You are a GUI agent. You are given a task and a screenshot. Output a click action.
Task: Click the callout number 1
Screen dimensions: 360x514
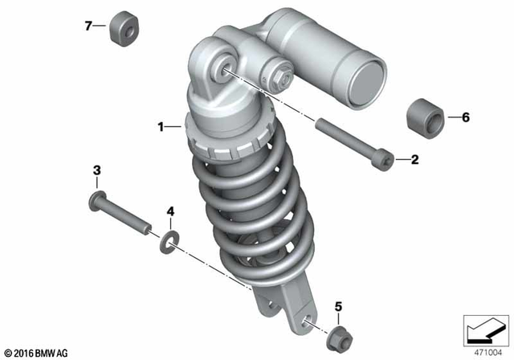click(161, 126)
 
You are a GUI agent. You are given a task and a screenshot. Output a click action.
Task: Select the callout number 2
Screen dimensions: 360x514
click(415, 160)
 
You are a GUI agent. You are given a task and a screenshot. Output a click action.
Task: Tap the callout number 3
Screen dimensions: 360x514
click(96, 170)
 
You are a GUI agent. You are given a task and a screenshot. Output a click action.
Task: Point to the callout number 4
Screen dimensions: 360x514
click(169, 211)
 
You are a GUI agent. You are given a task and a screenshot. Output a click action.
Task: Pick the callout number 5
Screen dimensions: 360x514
click(338, 306)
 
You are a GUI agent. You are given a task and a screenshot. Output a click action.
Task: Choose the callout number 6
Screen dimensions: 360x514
click(464, 117)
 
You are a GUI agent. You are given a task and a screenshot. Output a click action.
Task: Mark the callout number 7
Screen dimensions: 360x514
click(89, 26)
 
